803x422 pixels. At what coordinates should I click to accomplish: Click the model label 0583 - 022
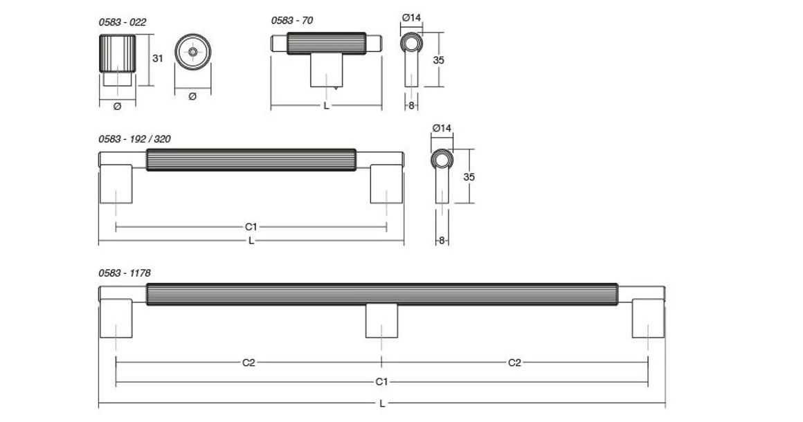(x=122, y=22)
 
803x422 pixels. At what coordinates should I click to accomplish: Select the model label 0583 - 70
(x=291, y=21)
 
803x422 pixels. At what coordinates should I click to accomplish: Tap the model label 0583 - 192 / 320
(x=134, y=139)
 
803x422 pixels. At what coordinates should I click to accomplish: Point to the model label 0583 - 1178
(x=125, y=273)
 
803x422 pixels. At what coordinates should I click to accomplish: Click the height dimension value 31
(x=158, y=59)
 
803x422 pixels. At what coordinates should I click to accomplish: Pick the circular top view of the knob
(x=192, y=52)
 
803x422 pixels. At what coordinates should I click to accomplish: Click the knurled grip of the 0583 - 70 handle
(x=326, y=43)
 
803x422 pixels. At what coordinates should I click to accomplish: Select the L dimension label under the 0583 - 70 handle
(x=326, y=106)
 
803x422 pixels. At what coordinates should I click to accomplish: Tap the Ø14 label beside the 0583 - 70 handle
(x=411, y=17)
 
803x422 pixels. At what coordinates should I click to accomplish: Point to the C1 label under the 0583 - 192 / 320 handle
(x=251, y=226)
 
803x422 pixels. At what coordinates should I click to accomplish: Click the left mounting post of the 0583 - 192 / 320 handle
(x=116, y=184)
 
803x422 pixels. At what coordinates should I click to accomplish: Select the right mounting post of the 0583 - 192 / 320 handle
(x=387, y=184)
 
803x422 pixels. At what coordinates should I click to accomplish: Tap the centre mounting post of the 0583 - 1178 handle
(x=381, y=320)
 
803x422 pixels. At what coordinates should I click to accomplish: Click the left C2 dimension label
(x=249, y=363)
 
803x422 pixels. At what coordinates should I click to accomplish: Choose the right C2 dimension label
(x=514, y=363)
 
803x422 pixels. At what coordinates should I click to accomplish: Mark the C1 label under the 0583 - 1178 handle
(x=381, y=382)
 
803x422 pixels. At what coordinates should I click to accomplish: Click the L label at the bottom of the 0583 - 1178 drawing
(x=381, y=403)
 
